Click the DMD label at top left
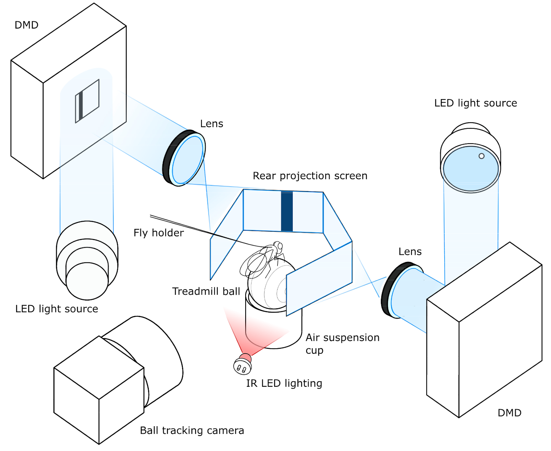pos(26,25)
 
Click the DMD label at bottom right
pos(509,412)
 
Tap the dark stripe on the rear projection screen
pos(287,211)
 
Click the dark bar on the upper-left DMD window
pos(81,106)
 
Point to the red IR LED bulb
pos(245,358)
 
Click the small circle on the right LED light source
pos(481,156)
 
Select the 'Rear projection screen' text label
pos(310,176)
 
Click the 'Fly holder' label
pos(158,233)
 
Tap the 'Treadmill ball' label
pos(206,292)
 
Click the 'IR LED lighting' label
pos(284,383)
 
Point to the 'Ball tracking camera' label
pos(192,430)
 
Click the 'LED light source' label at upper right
pos(475,103)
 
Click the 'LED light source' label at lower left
pos(56,309)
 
